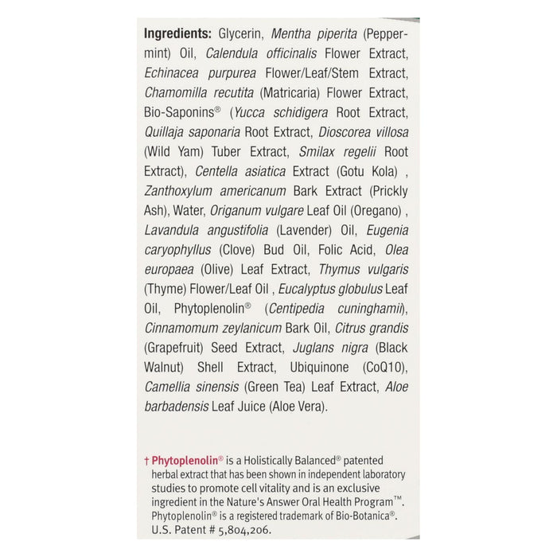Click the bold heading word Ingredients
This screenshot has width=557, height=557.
tap(177, 33)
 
